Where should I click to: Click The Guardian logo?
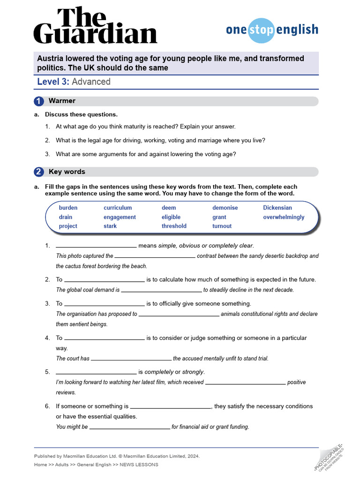(x=95, y=26)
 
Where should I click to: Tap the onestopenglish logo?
(x=272, y=30)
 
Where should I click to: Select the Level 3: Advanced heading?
(x=74, y=82)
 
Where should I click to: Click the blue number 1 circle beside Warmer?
(x=39, y=101)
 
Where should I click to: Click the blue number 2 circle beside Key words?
(x=39, y=172)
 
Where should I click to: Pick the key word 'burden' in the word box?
(x=68, y=208)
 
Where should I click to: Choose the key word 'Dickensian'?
(x=277, y=208)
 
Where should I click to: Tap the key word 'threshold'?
(x=174, y=226)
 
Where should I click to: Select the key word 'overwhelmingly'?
(x=284, y=217)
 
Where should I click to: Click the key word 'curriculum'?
(x=118, y=208)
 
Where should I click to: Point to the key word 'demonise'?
(x=225, y=208)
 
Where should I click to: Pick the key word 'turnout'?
(x=222, y=226)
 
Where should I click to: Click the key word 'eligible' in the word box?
(x=171, y=217)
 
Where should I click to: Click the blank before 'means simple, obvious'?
(x=96, y=246)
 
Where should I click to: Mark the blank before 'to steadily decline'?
(x=161, y=290)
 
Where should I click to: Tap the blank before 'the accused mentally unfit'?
(x=131, y=359)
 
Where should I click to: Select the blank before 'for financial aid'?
(x=129, y=427)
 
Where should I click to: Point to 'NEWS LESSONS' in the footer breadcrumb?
(x=139, y=465)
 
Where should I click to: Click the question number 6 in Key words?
(x=47, y=406)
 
